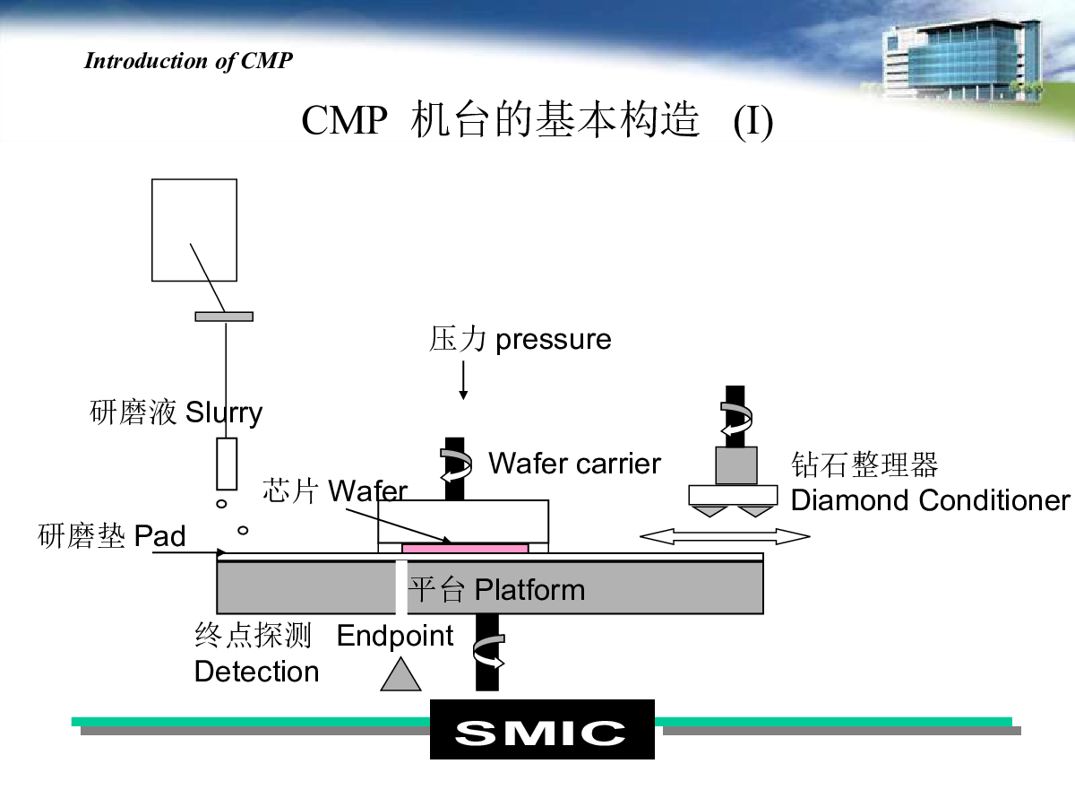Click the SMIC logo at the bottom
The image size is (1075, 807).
click(x=542, y=729)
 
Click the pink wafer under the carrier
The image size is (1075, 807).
click(x=465, y=548)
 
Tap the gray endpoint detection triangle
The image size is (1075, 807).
click(x=400, y=674)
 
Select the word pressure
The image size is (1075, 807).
click(x=554, y=341)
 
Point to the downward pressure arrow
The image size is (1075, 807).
click(x=463, y=380)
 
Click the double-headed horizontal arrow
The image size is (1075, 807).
click(x=725, y=536)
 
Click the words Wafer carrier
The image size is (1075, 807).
click(x=574, y=464)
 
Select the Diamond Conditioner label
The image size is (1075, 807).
click(x=930, y=500)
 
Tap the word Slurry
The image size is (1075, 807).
click(x=224, y=413)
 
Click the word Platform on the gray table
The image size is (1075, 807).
click(x=530, y=589)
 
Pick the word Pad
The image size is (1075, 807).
click(x=159, y=535)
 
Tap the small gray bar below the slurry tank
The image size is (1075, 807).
click(x=224, y=317)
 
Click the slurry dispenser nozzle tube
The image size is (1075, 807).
click(x=227, y=464)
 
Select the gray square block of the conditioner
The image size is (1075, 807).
click(x=736, y=465)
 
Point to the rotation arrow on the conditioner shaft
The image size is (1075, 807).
click(x=736, y=419)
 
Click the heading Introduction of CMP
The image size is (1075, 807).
click(x=188, y=61)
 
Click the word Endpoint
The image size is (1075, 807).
click(x=395, y=637)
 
